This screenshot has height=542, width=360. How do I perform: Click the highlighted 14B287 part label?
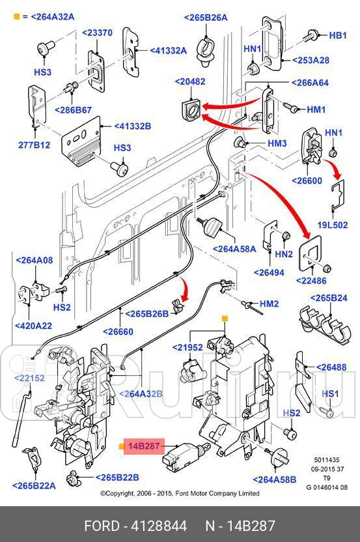point(143,446)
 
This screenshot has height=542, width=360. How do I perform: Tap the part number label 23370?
point(96,33)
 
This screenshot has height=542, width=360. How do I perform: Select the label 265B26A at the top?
point(206,18)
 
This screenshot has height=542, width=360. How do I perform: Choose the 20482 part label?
point(189,81)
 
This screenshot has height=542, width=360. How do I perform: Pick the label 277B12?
point(33,145)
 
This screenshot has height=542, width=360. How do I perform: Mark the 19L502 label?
point(332,225)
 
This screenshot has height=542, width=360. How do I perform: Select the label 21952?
point(187,348)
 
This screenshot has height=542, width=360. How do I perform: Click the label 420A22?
point(35,325)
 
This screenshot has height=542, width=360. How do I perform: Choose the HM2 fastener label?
point(269,304)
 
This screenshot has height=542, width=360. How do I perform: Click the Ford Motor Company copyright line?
point(180,493)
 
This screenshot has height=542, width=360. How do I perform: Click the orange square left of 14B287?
point(122,447)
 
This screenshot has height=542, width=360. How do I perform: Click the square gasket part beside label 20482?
point(189,109)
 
